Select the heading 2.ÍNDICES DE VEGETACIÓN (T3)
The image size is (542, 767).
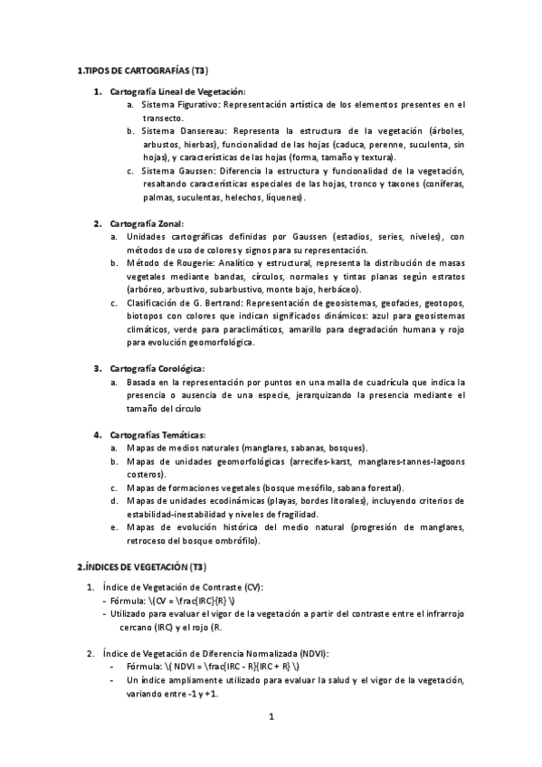click(x=141, y=567)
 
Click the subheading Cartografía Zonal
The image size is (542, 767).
click(x=147, y=223)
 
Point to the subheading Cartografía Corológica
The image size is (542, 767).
click(x=157, y=368)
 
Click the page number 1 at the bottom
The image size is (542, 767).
click(x=271, y=717)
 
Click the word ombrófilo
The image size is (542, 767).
click(x=234, y=541)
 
